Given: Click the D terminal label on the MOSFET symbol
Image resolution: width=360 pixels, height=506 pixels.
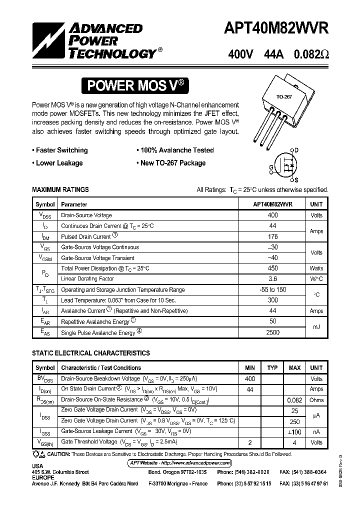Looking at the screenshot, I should tap(296, 150).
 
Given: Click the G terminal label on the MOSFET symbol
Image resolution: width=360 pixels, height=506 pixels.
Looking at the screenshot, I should tap(271, 167).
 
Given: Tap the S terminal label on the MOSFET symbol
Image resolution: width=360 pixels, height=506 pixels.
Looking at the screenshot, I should tap(296, 180).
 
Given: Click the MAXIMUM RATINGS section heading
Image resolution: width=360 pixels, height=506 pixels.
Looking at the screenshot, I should tap(60, 189).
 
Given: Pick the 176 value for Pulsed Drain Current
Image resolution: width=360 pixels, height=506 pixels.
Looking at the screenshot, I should tap(272, 236).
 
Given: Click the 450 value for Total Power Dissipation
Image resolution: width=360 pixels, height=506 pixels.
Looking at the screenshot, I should tap(272, 268).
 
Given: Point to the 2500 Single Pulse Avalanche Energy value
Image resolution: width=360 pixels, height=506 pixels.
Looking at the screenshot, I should tap(272, 332).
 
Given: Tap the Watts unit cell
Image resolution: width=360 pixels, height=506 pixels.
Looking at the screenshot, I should tap(316, 268).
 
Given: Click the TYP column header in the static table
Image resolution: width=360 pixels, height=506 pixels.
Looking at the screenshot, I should tap(272, 368).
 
